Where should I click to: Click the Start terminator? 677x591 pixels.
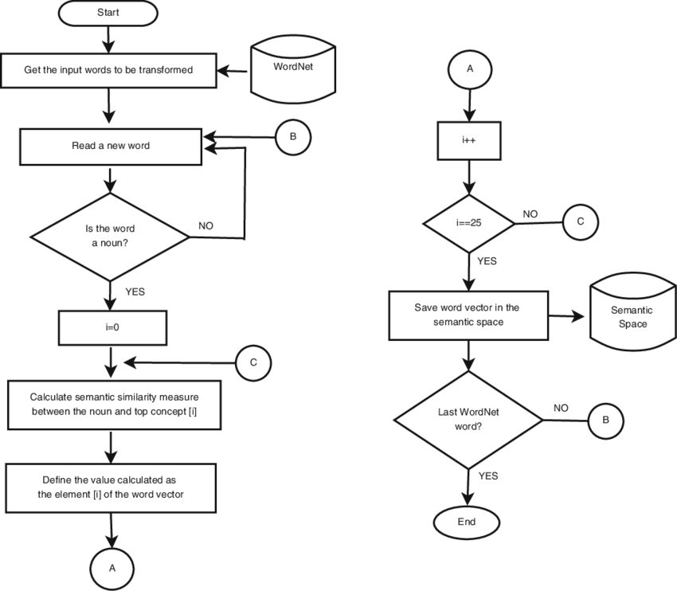point(108,13)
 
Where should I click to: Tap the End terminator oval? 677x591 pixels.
point(467,522)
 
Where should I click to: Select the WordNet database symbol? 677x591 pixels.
point(293,69)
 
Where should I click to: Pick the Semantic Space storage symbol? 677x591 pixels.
point(632,316)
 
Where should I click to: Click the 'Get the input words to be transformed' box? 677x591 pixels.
point(108,70)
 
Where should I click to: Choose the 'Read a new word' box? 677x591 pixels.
point(110,146)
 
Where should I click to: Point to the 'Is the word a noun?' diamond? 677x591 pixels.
point(110,236)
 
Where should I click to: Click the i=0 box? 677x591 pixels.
point(112,327)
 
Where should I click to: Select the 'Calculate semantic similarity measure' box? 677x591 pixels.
point(114,404)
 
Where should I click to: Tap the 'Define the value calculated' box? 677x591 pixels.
point(111,487)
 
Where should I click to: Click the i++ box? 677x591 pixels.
point(469,140)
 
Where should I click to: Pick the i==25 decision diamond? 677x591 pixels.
point(469,223)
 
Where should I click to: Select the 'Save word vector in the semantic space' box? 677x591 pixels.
point(468,315)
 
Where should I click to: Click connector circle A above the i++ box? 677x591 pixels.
point(469,69)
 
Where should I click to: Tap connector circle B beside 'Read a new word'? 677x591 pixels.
point(292,137)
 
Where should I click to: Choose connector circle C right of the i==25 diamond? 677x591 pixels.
point(580,222)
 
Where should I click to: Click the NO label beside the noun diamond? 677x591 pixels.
point(205,225)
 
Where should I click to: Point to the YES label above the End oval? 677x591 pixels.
point(488,476)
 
